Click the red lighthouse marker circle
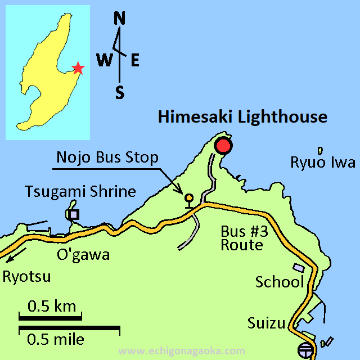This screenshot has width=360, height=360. point(223,146)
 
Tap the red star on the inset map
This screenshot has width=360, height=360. point(78,69)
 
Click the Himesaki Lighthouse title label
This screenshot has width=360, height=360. point(242,117)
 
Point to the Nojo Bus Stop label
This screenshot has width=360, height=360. point(107,157)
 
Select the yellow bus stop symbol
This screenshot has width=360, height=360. point(189,199)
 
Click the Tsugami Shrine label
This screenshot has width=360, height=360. point(80,191)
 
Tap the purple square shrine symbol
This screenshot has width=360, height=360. point(73,214)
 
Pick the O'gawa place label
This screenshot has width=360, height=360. point(83,255)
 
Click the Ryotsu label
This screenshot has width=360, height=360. point(27,277)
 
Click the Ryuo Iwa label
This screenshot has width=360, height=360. point(323,163)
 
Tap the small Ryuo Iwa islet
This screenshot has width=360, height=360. point(320,150)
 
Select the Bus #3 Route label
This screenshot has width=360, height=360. point(241,238)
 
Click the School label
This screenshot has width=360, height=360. point(280,282)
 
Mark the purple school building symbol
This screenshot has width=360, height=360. point(298,269)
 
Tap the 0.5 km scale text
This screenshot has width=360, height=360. point(52,307)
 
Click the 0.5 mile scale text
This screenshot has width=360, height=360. point(56,339)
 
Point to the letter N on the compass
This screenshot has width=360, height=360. point(119,19)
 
